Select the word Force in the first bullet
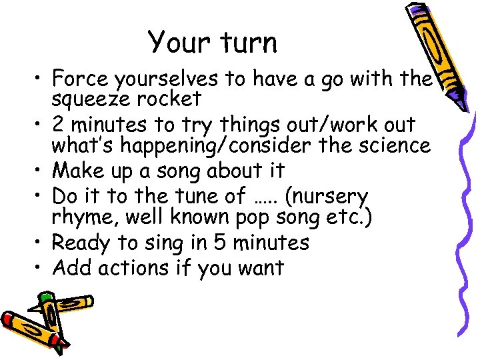coord(79,79)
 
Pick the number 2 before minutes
coord(59,125)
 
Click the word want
coord(260,268)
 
